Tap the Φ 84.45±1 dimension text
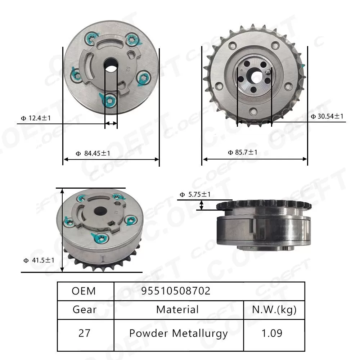93,153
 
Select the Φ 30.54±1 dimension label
327,116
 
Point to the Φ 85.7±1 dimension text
243,152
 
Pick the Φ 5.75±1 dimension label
195,195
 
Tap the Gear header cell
85,310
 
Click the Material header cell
177,310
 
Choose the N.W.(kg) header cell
274,310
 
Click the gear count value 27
85,333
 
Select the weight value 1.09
274,333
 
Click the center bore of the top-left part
111,65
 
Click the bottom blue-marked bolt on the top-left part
109,99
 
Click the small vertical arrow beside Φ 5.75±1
202,205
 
